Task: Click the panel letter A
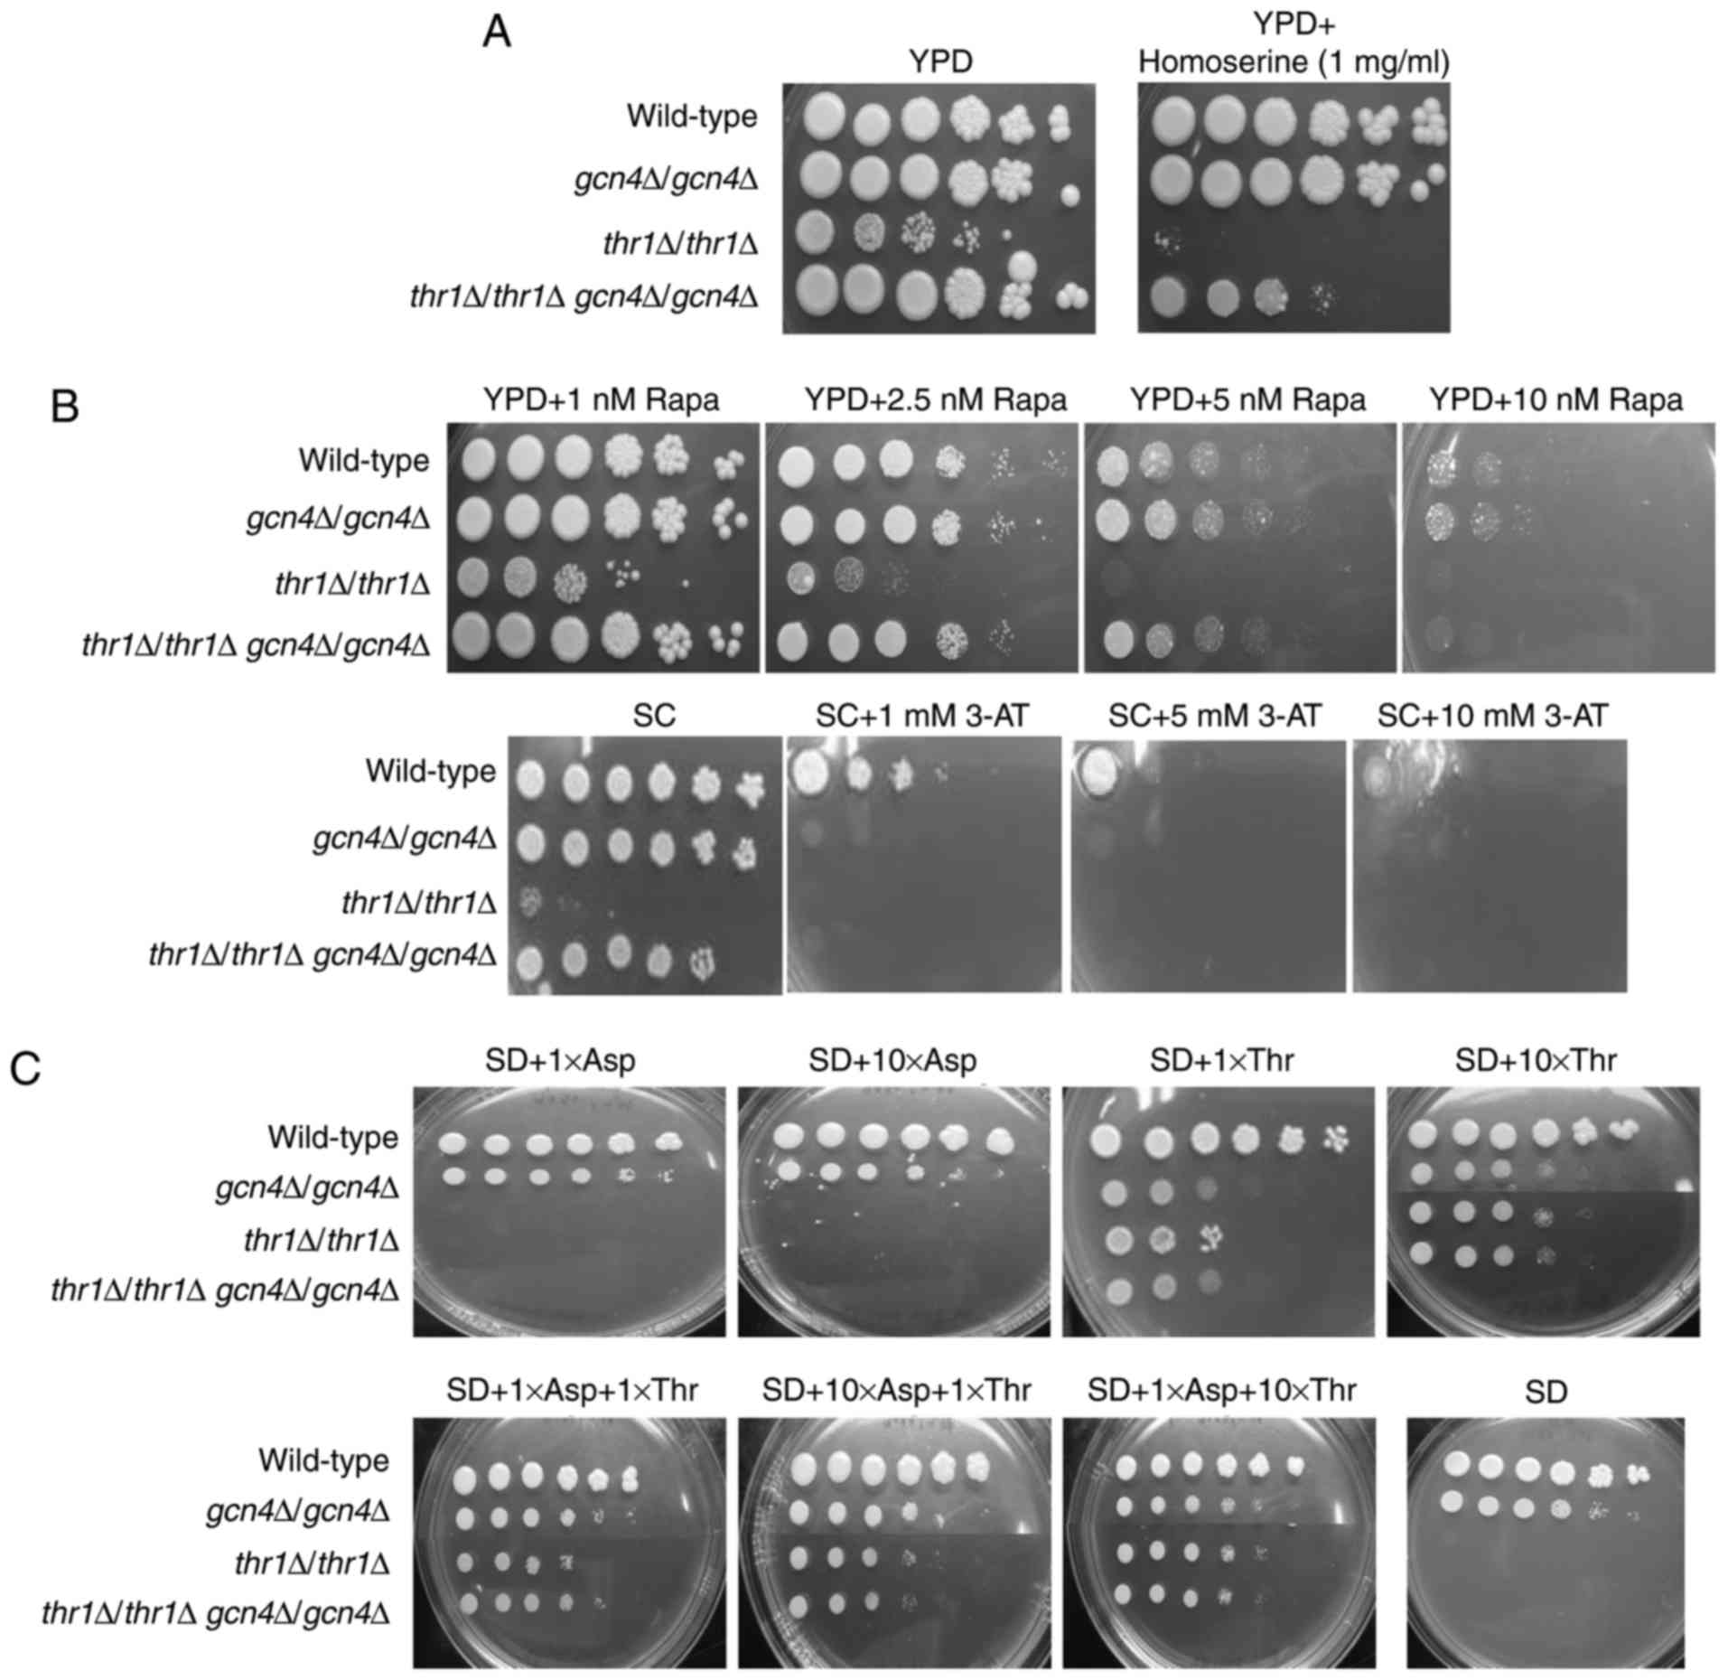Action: (x=497, y=33)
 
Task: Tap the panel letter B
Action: (x=65, y=406)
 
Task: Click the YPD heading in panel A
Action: (x=940, y=61)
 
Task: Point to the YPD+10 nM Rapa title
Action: (x=1556, y=399)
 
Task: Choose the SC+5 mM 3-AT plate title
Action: (x=1214, y=717)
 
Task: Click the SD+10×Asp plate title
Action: (x=892, y=1060)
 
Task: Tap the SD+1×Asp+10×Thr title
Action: (x=1221, y=1389)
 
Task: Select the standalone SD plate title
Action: (x=1546, y=1393)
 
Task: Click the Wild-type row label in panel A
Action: (x=692, y=117)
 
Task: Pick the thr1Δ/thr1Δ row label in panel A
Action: (x=680, y=244)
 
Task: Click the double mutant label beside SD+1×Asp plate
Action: (x=225, y=1290)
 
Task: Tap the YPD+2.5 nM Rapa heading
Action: (x=935, y=399)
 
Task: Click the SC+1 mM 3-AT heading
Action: (x=921, y=717)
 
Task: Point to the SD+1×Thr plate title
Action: (x=1221, y=1060)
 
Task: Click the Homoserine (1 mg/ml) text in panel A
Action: (x=1294, y=61)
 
